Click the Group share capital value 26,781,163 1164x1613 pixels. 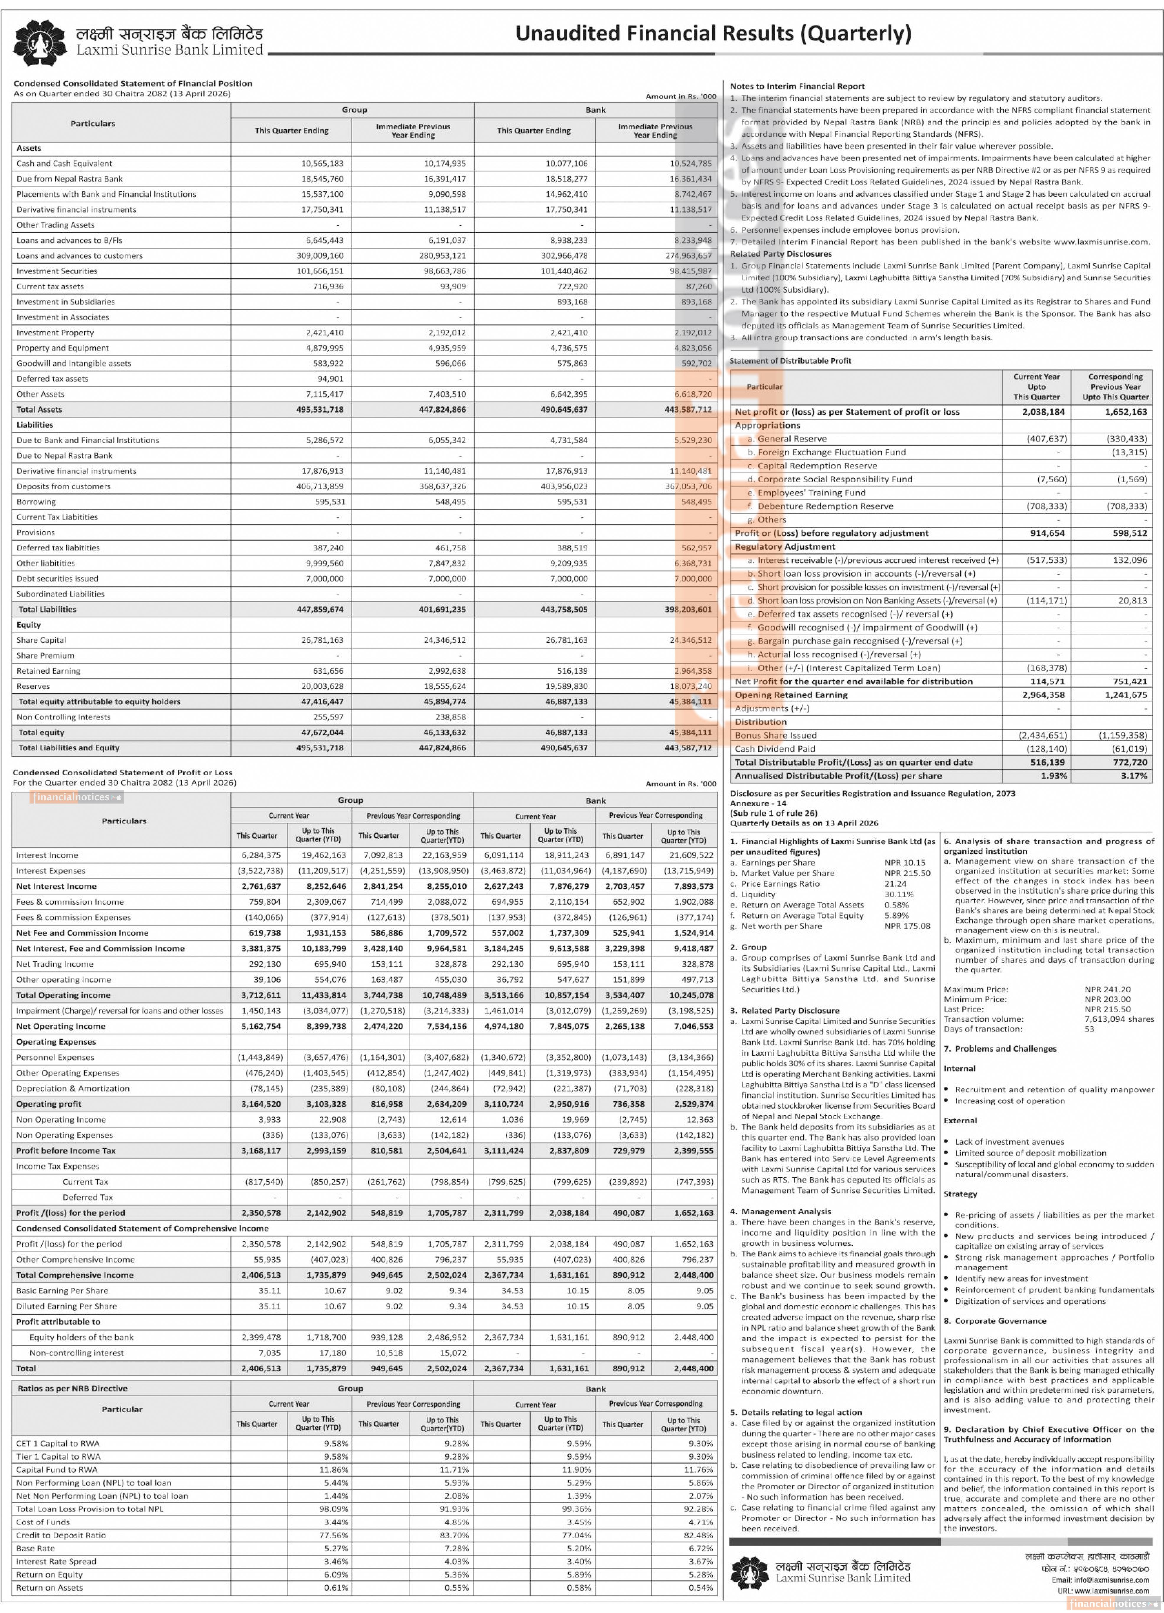(322, 640)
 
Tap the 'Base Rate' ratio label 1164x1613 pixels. (35, 1548)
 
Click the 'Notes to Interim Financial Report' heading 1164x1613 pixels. (797, 86)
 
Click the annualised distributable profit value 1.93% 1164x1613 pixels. (1054, 776)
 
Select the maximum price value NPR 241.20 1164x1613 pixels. (1107, 989)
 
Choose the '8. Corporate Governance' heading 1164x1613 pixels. (995, 1321)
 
